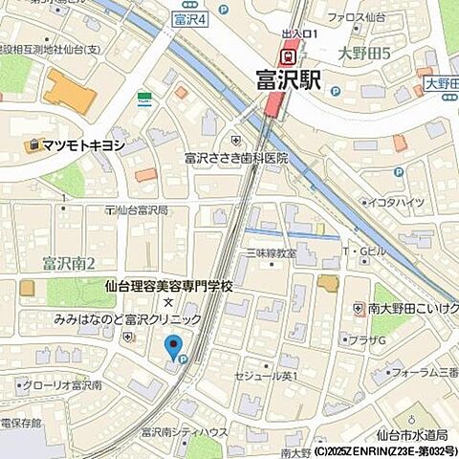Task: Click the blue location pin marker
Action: (173, 348)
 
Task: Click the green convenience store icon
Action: (144, 98)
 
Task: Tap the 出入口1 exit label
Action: (290, 34)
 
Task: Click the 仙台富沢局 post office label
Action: (141, 209)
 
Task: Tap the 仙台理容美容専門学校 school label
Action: (168, 286)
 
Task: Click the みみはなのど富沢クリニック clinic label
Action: (128, 319)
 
